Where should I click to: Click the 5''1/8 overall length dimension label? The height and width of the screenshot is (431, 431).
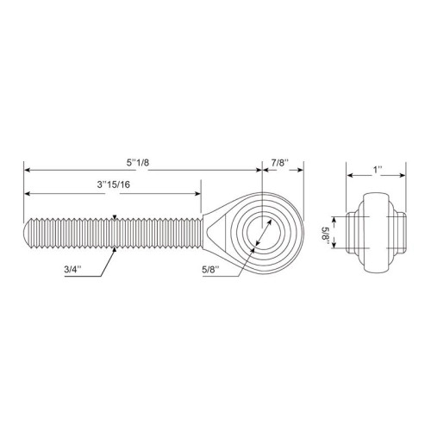[x=138, y=163]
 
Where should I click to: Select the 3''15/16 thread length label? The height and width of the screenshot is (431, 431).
[x=113, y=184]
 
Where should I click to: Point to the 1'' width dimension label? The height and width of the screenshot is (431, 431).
[x=378, y=170]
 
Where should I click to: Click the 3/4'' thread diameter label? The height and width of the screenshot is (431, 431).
[x=72, y=269]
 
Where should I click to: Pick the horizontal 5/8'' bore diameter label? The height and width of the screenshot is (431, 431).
[x=210, y=269]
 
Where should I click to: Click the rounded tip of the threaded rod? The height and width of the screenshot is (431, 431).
[x=26, y=233]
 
